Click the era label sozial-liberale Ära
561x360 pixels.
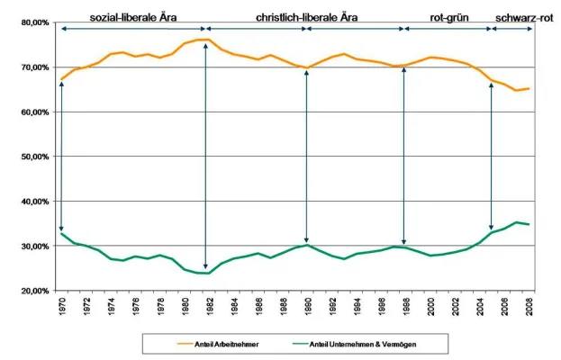tap(133, 16)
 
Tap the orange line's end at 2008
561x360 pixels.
tap(529, 88)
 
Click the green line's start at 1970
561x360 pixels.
tap(60, 234)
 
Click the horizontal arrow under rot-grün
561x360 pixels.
tap(448, 30)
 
